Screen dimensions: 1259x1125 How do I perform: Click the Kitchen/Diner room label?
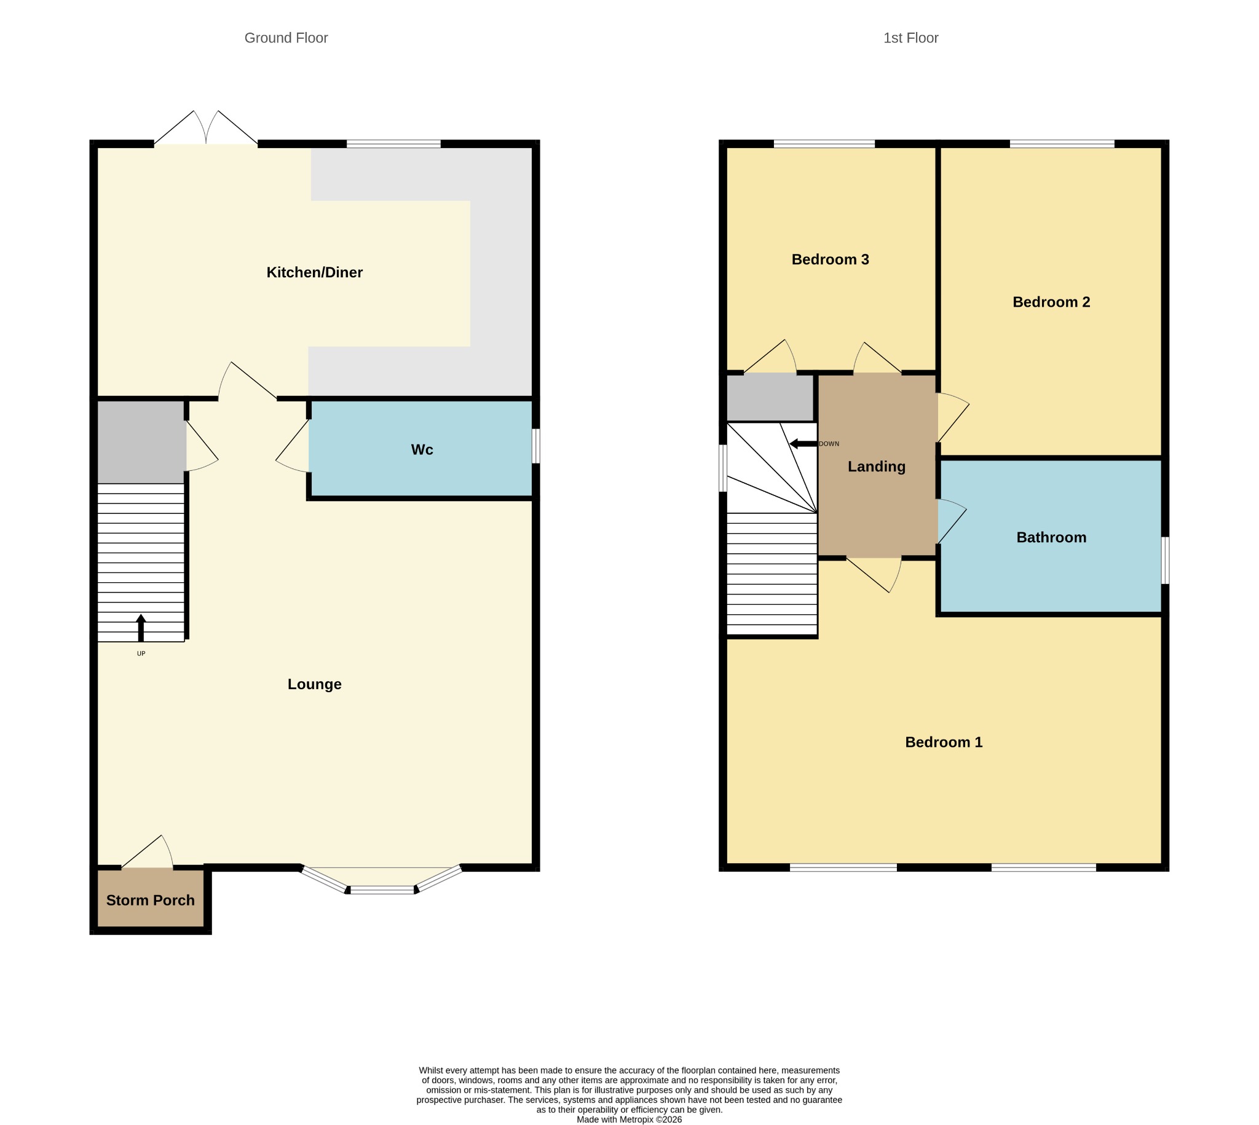click(x=314, y=272)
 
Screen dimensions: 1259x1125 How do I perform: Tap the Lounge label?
click(x=314, y=684)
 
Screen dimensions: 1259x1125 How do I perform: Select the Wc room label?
click(x=422, y=449)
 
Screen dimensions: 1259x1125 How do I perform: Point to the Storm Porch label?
click(x=150, y=901)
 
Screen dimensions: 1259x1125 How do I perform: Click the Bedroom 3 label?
click(x=830, y=259)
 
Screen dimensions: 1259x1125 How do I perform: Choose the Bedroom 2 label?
click(x=1051, y=302)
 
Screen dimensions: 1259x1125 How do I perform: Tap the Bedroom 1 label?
click(x=944, y=743)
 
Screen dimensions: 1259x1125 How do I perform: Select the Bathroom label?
click(x=1051, y=538)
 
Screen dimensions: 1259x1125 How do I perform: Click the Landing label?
click(x=877, y=467)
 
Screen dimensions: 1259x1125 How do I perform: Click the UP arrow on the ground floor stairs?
click(x=141, y=628)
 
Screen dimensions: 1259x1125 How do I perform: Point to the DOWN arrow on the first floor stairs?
click(x=803, y=444)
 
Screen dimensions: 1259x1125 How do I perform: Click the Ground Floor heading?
click(x=286, y=37)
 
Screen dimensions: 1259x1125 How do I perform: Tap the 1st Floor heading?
click(x=910, y=37)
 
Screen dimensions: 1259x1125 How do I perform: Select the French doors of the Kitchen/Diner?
click(x=206, y=128)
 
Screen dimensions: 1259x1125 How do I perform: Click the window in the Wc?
click(x=536, y=446)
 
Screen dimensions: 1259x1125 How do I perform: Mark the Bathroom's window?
click(x=1165, y=560)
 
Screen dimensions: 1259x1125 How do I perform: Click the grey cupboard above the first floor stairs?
click(x=770, y=398)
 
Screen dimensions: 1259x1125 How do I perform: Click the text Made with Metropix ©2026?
click(x=629, y=1119)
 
